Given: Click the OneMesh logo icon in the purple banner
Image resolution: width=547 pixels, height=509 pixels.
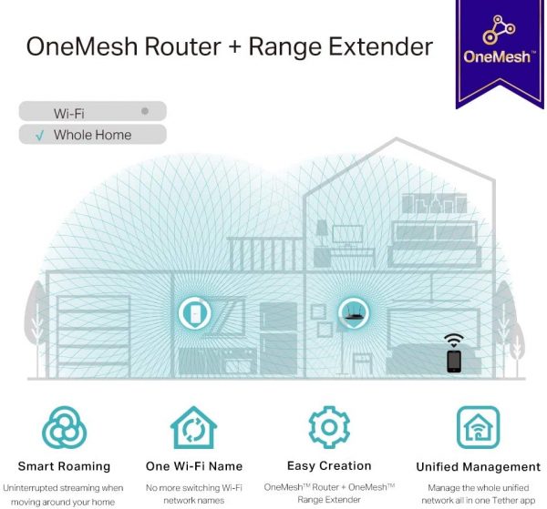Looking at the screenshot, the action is (x=498, y=30).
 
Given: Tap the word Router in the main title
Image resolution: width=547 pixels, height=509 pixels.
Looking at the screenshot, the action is (x=182, y=46).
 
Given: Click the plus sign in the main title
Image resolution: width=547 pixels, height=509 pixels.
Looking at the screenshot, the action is (x=235, y=47).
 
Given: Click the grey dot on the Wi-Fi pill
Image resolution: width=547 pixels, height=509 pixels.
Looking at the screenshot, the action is (x=145, y=111).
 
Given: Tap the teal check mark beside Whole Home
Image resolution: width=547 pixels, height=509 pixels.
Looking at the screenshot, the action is (x=40, y=135).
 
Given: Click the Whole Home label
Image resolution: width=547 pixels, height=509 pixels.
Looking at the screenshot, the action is (x=92, y=135).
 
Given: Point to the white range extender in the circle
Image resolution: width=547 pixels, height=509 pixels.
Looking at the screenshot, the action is (x=194, y=313).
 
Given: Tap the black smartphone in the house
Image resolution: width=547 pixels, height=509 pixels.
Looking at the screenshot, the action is (x=453, y=361).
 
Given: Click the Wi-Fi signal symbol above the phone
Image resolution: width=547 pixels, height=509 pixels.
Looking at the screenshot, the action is (x=453, y=340).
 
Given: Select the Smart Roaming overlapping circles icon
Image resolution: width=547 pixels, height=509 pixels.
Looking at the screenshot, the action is (x=65, y=427).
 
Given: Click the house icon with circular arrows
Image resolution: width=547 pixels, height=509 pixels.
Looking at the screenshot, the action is (x=193, y=427).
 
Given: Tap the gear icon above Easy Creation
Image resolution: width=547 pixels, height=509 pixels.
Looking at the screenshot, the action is (x=329, y=427).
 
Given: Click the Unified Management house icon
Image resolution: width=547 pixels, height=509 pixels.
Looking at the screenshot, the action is (x=478, y=427).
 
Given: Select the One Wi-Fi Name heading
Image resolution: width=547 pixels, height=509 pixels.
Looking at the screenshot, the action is (x=194, y=466).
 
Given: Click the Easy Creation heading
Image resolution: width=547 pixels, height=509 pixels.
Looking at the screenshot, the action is (x=329, y=466).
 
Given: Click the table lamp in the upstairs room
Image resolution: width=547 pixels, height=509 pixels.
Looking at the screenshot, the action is (x=321, y=230).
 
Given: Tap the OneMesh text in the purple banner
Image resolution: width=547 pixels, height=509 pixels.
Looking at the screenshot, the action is (x=498, y=56).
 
